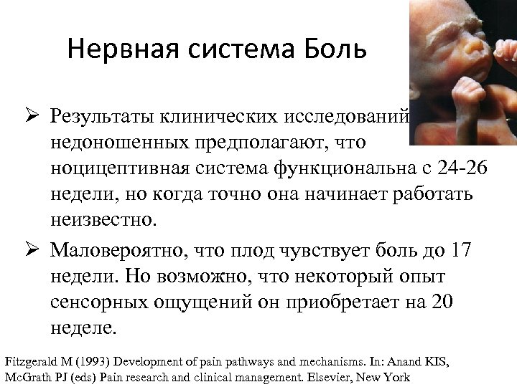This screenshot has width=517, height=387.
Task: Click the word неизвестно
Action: pos(102,220)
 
